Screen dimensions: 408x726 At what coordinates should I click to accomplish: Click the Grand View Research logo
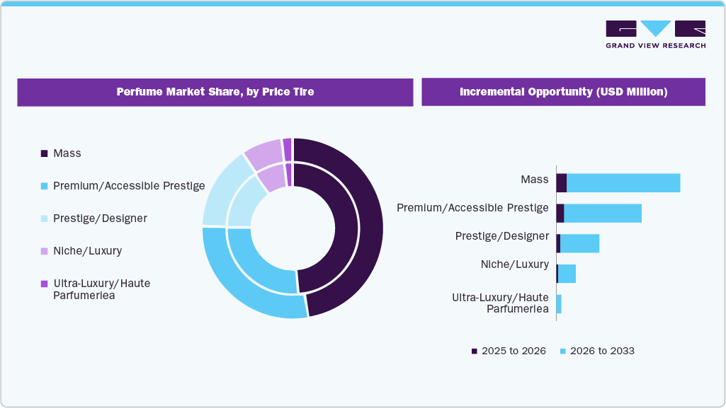(x=655, y=34)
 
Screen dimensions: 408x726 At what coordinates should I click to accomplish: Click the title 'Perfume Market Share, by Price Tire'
(x=215, y=92)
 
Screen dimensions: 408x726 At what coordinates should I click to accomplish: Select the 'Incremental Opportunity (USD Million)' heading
(x=563, y=92)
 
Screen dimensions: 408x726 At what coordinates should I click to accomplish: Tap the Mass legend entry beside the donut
(x=67, y=153)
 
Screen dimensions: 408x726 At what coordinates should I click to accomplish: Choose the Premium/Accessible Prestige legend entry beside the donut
(x=128, y=186)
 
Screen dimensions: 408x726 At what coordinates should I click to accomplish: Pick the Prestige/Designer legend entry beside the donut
(x=100, y=218)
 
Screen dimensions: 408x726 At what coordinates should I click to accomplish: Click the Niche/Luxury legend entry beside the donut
(x=87, y=251)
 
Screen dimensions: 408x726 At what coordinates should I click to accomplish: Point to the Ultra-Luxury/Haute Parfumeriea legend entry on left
(x=101, y=289)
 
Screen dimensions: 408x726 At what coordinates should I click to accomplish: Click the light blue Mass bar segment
(x=623, y=182)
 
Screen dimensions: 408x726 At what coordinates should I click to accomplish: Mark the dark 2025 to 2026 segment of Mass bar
(x=561, y=182)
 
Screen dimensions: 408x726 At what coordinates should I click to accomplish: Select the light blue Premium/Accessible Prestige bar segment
(x=603, y=213)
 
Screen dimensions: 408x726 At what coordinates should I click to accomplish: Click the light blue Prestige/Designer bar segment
(x=579, y=243)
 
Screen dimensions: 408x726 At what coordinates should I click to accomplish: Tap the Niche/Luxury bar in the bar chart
(x=567, y=274)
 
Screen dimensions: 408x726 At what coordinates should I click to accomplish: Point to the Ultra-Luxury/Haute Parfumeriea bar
(x=559, y=304)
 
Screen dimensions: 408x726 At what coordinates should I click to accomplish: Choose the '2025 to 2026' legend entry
(x=509, y=351)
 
